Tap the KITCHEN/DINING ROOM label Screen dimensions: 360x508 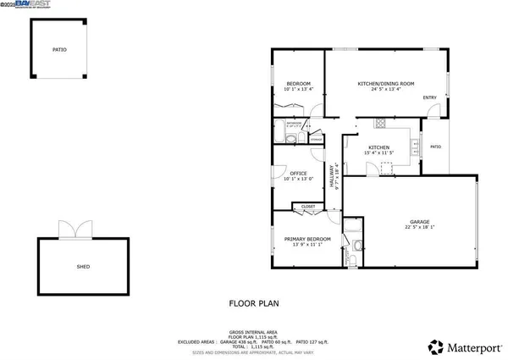[385, 83]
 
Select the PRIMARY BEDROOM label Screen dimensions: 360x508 [306, 239]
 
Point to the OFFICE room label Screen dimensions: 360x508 [298, 174]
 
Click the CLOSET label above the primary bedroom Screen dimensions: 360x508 [307, 206]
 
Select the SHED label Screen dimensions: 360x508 [83, 266]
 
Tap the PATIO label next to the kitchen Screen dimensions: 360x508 [435, 147]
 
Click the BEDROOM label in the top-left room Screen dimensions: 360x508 [298, 83]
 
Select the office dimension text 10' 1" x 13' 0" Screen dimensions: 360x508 [298, 180]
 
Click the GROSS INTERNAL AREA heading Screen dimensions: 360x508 [253, 331]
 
